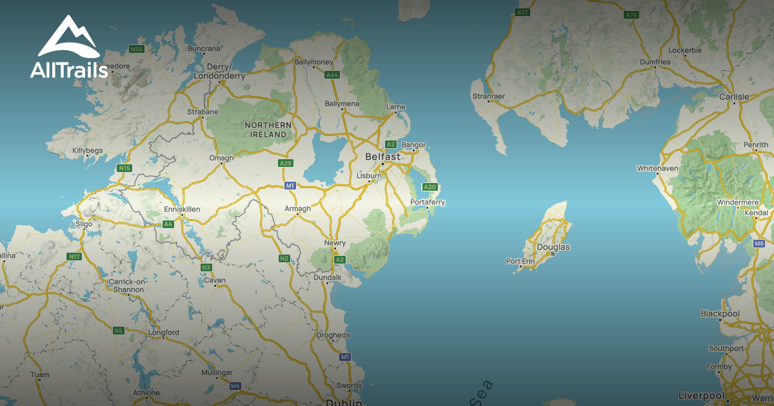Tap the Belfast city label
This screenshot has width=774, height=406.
tap(382, 157)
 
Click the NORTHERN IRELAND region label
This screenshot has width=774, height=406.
tap(268, 130)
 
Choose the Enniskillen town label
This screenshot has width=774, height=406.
tap(182, 210)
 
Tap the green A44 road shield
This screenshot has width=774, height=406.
tap(332, 75)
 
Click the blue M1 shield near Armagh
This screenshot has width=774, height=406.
tap(290, 186)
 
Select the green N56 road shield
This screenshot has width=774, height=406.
tap(135, 49)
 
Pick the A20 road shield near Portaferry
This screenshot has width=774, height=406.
tap(430, 187)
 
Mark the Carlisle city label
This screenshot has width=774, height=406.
tap(734, 97)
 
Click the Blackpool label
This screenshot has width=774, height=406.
tap(720, 314)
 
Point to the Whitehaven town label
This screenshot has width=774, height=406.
tap(657, 168)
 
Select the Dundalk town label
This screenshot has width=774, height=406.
tap(328, 277)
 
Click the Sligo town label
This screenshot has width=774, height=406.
tap(84, 224)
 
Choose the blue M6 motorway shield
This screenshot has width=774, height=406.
tap(759, 244)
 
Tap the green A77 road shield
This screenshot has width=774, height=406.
tap(522, 12)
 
